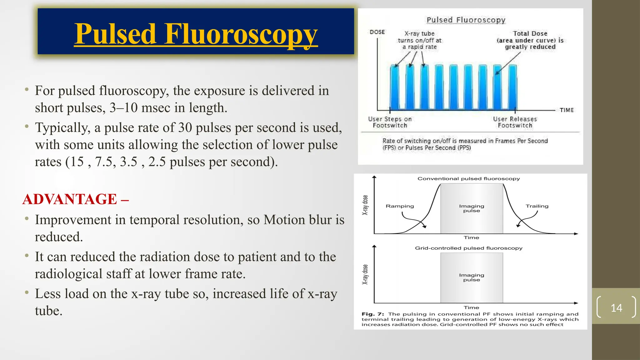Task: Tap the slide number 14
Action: click(616, 308)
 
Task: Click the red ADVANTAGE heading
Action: click(70, 199)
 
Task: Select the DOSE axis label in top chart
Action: click(377, 32)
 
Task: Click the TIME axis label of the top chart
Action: click(567, 110)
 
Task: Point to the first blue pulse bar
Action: click(394, 87)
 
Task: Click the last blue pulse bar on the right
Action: click(512, 87)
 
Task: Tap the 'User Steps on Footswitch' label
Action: click(390, 122)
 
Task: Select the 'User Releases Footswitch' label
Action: click(515, 122)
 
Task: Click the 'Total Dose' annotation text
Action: click(530, 33)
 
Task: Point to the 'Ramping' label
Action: click(400, 206)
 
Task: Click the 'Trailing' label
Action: click(537, 206)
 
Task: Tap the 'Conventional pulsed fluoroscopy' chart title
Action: click(468, 179)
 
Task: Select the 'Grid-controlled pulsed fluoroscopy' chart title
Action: click(468, 248)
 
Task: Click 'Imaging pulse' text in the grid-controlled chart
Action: click(472, 277)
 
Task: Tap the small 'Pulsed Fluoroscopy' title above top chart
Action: click(466, 20)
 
